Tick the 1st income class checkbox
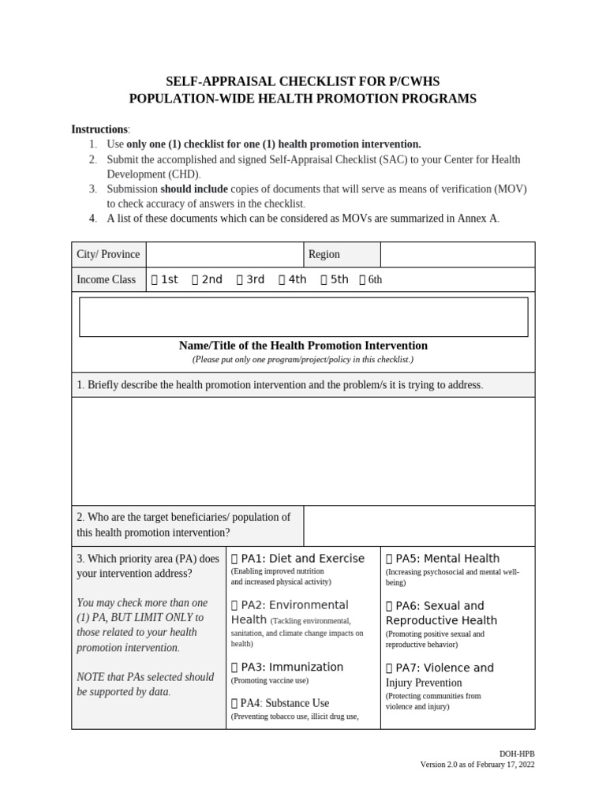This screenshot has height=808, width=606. click(x=155, y=279)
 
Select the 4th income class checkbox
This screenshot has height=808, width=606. click(x=282, y=279)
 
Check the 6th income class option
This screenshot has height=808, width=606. click(x=362, y=279)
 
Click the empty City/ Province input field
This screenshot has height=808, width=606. click(x=225, y=254)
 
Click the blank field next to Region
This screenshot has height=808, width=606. click(x=457, y=254)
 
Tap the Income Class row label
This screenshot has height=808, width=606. click(x=106, y=279)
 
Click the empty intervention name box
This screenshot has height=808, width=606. click(x=303, y=316)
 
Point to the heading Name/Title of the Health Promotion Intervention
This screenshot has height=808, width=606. click(x=303, y=346)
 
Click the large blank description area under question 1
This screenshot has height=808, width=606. click(x=303, y=451)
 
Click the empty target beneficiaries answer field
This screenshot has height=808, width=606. click(x=418, y=526)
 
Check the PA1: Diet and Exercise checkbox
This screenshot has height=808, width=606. click(x=234, y=559)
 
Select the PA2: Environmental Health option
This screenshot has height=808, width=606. click(x=234, y=605)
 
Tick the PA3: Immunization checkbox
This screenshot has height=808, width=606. click(x=234, y=668)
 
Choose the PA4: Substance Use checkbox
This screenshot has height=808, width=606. click(x=234, y=703)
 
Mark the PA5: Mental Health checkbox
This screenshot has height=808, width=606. click(x=389, y=559)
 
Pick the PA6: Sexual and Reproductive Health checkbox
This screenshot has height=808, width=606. click(x=389, y=606)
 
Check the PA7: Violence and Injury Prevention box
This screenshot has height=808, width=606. click(x=389, y=668)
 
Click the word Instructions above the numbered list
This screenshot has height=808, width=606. click(x=99, y=129)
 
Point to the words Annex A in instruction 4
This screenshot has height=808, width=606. click(x=477, y=219)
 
